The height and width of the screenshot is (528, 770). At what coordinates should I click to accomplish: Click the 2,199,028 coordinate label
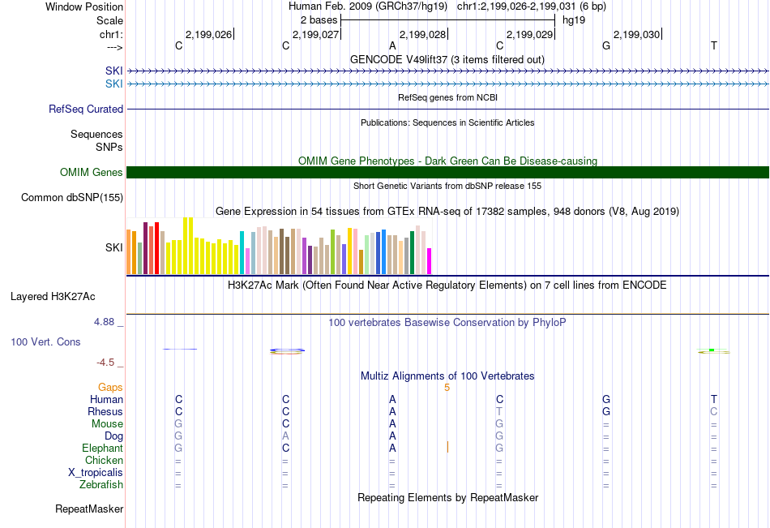click(422, 34)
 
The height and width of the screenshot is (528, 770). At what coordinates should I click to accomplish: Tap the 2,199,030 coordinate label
click(636, 34)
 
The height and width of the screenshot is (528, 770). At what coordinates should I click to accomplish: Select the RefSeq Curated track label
click(86, 109)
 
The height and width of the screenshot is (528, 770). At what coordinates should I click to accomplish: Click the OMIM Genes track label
click(92, 172)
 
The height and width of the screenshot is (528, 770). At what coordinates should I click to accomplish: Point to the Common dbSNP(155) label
click(72, 197)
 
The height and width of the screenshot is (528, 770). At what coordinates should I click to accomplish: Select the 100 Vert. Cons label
click(45, 342)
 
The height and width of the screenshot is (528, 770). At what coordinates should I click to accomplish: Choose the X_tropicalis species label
click(96, 473)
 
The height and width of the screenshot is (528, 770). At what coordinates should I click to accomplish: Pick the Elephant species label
click(103, 449)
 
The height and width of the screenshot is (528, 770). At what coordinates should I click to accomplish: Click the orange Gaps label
click(110, 388)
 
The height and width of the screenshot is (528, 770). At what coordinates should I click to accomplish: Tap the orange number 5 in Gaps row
click(447, 388)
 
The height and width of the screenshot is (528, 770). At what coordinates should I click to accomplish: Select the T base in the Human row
click(713, 399)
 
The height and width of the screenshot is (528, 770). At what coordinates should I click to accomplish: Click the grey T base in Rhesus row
click(499, 411)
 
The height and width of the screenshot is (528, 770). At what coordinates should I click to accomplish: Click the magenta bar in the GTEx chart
click(430, 260)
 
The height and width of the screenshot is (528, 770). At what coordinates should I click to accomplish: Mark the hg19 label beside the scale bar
click(574, 19)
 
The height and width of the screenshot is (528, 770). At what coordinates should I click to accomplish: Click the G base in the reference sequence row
click(606, 45)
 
